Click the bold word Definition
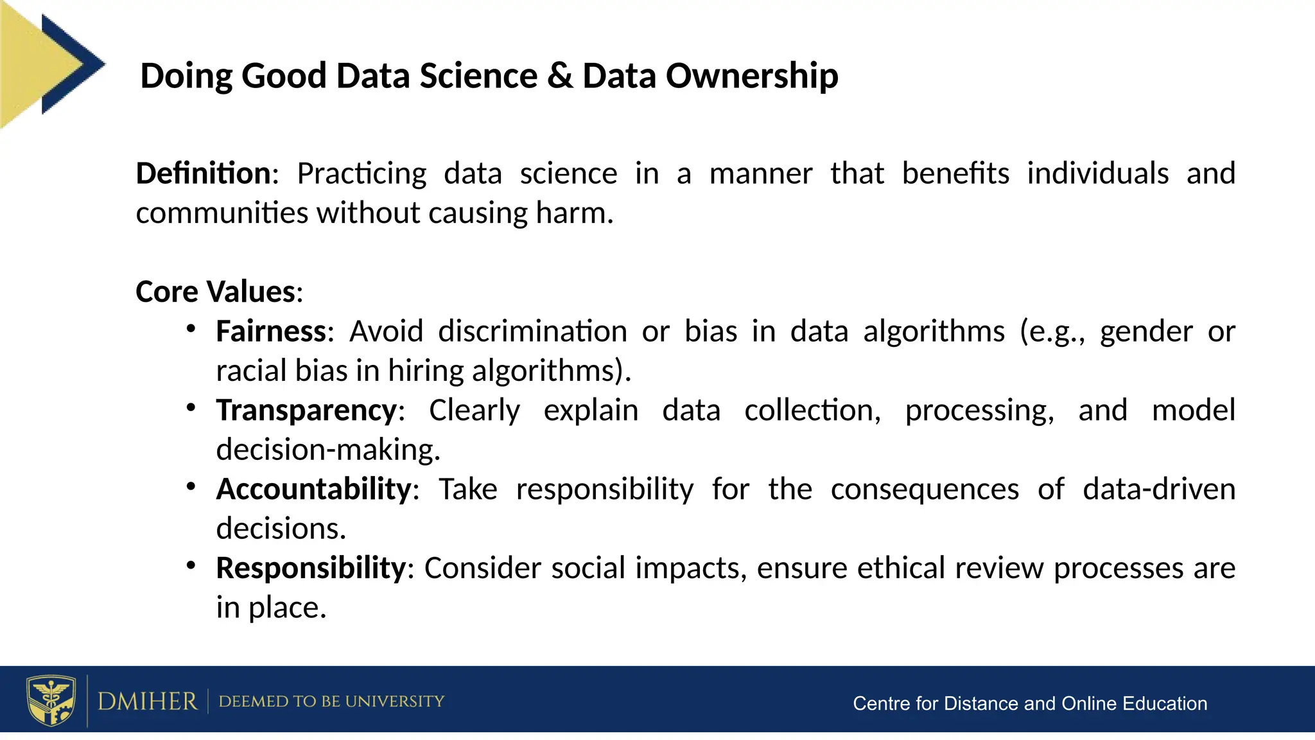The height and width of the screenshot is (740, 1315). click(x=203, y=173)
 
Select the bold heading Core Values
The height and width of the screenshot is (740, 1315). click(x=216, y=292)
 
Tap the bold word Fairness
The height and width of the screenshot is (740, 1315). click(x=271, y=331)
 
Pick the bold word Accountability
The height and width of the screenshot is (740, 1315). click(x=313, y=489)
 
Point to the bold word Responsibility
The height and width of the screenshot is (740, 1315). click(x=311, y=568)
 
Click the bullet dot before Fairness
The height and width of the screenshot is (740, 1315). click(x=191, y=329)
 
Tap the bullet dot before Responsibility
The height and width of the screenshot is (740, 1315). click(x=191, y=565)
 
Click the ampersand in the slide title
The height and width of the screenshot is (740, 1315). click(x=560, y=76)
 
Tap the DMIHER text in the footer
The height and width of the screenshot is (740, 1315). click(x=147, y=701)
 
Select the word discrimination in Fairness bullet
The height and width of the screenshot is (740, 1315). click(x=532, y=331)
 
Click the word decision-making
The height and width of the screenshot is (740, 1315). click(x=327, y=450)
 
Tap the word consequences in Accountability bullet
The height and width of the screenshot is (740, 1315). click(x=925, y=489)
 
